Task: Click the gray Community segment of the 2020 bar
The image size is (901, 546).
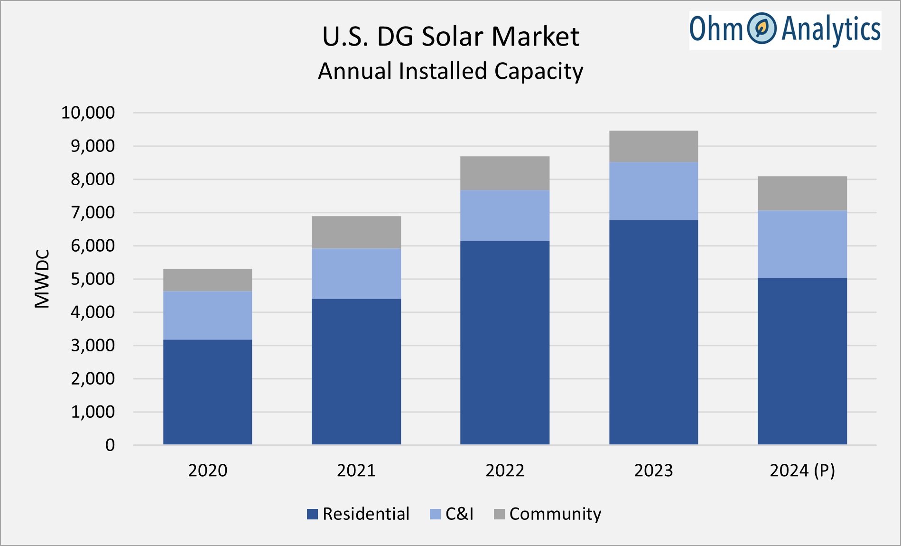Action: pyautogui.click(x=207, y=280)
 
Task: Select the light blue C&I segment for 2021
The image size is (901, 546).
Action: pyautogui.click(x=356, y=273)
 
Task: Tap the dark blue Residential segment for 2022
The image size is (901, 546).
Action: pyautogui.click(x=504, y=342)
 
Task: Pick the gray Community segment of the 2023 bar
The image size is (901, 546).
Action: pyautogui.click(x=653, y=146)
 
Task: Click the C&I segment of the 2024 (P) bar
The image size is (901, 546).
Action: pyautogui.click(x=802, y=244)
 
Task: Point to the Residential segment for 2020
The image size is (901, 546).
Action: pyautogui.click(x=207, y=392)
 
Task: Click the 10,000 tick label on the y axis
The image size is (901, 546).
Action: pyautogui.click(x=88, y=113)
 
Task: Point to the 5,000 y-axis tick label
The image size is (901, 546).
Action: pyautogui.click(x=93, y=279)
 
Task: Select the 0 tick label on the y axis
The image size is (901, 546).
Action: pyautogui.click(x=110, y=445)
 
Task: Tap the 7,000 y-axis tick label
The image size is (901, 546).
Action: pyautogui.click(x=93, y=213)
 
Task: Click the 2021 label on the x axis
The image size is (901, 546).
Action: pyautogui.click(x=356, y=471)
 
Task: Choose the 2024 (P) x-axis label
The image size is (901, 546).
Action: pyautogui.click(x=802, y=471)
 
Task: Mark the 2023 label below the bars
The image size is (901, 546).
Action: pyautogui.click(x=653, y=471)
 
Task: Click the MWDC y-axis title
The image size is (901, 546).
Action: pyautogui.click(x=42, y=279)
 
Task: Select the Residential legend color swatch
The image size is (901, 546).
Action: pyautogui.click(x=312, y=514)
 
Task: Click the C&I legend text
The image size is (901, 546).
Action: pyautogui.click(x=459, y=514)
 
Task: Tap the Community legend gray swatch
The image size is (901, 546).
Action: pyautogui.click(x=499, y=514)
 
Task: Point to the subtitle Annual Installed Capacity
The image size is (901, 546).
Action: pyautogui.click(x=450, y=71)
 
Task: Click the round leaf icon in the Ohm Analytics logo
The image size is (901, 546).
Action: pyautogui.click(x=762, y=28)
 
